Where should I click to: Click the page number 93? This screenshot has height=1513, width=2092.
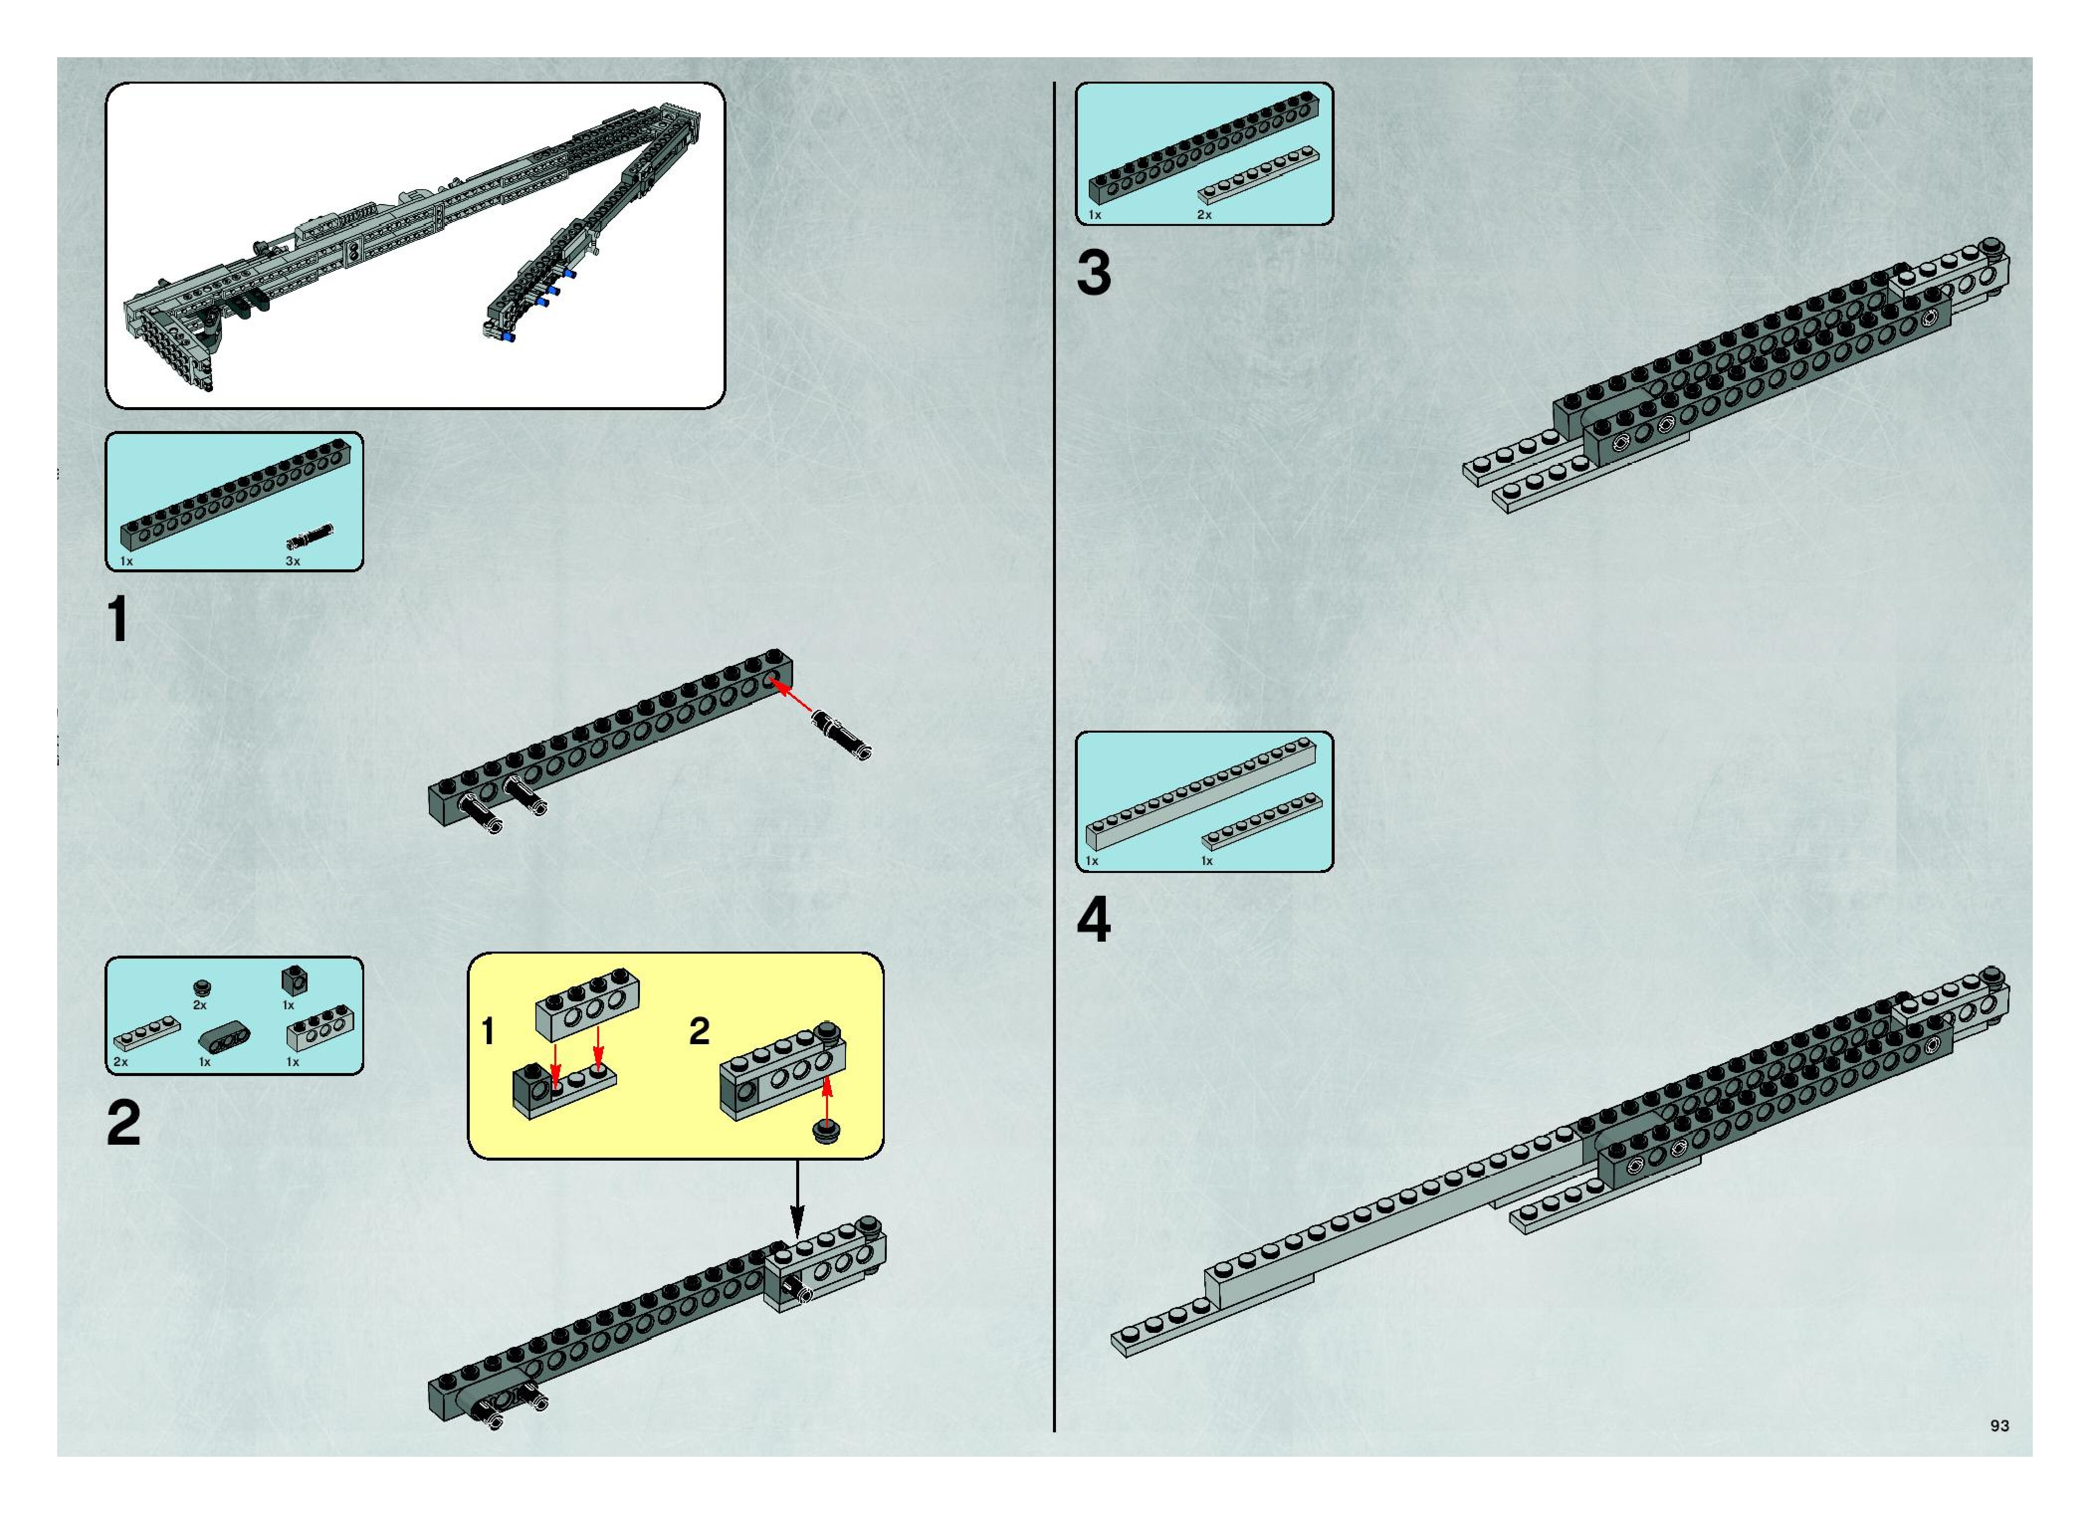(x=1999, y=1425)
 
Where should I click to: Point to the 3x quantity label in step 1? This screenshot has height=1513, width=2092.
(x=293, y=561)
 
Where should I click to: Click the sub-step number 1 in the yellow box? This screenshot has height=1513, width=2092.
(x=489, y=1031)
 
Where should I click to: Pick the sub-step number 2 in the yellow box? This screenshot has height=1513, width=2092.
(x=699, y=1031)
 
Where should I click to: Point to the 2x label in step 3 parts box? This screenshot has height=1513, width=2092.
(x=1205, y=215)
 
